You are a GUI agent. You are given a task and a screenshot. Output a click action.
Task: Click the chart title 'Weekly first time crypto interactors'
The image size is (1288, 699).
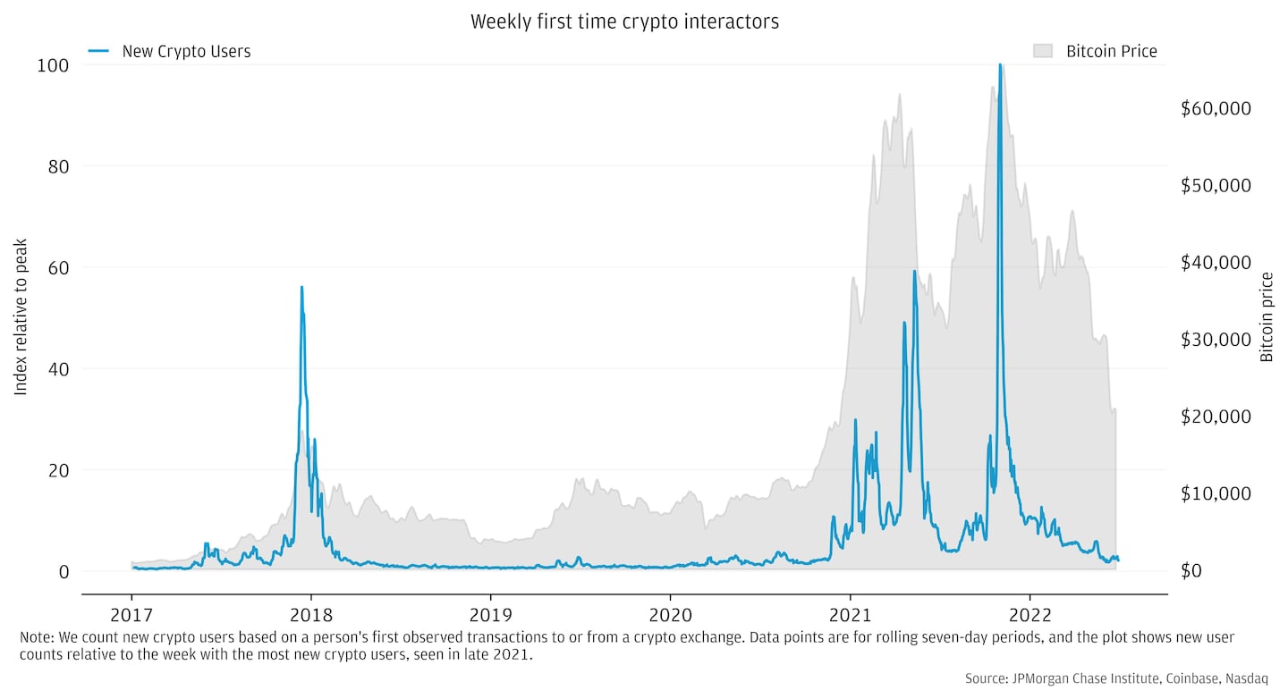click(x=624, y=22)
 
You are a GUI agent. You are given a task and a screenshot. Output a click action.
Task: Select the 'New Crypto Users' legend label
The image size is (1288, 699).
click(x=186, y=52)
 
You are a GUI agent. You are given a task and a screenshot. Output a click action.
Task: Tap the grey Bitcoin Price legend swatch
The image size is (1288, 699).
click(x=1043, y=52)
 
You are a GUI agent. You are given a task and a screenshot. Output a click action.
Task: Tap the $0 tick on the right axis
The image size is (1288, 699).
click(x=1191, y=570)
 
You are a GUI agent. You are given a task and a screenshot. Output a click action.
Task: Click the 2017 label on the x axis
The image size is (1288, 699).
click(x=131, y=616)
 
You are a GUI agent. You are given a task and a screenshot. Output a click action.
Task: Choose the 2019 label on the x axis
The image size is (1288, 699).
click(x=490, y=616)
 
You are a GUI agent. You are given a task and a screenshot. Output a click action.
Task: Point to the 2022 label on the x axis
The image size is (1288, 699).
click(x=1030, y=616)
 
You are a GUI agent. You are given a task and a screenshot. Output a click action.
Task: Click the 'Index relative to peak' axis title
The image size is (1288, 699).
click(x=21, y=317)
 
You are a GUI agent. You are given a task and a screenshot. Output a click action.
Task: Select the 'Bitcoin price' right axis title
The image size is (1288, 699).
click(x=1267, y=317)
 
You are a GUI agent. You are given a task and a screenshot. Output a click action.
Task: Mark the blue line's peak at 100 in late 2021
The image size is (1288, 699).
click(x=1000, y=65)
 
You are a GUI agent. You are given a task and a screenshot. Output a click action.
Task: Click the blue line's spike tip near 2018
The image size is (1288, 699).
click(x=301, y=288)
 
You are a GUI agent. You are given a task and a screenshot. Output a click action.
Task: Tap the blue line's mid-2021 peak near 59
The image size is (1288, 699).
click(x=914, y=272)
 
